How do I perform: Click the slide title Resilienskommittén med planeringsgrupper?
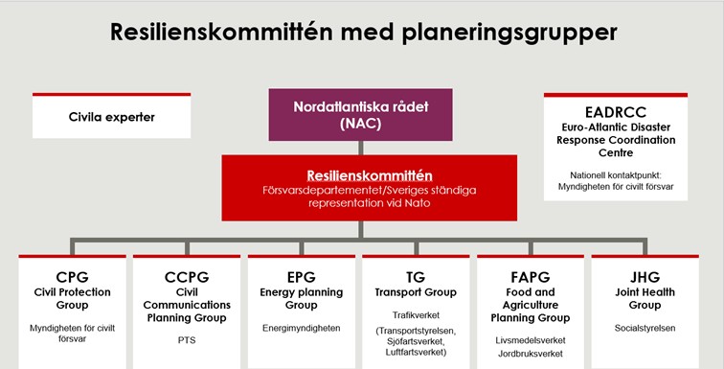tap(363, 33)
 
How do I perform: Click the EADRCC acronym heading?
tap(615, 112)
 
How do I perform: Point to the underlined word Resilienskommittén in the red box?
tap(369, 175)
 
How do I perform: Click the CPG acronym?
tap(73, 276)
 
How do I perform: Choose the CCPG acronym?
tap(187, 276)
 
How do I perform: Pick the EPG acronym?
tap(303, 276)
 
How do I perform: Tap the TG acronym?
tap(417, 276)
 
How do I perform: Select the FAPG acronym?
tap(531, 276)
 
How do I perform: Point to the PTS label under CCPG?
tap(187, 338)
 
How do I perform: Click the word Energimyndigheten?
tap(303, 327)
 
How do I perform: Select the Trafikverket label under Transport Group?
tap(417, 314)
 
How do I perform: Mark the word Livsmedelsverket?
tap(531, 337)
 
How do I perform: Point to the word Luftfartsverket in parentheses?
tap(415, 351)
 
